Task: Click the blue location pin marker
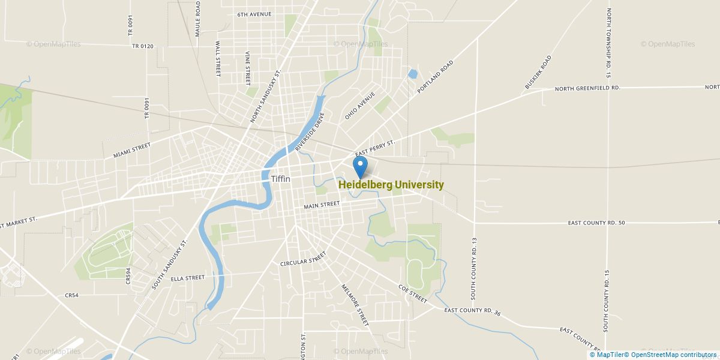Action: point(361,166)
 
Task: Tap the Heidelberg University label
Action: point(391,185)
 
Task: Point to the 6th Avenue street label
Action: point(254,14)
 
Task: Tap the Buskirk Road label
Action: point(538,73)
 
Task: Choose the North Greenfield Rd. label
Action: point(587,88)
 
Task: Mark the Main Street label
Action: point(322,205)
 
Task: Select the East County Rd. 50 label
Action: point(596,223)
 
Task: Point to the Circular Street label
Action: point(302,259)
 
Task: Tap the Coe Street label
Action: point(413,293)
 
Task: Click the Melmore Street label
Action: point(355,305)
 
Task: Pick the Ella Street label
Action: point(188,278)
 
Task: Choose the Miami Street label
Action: point(132,151)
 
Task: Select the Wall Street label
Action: point(218,59)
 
